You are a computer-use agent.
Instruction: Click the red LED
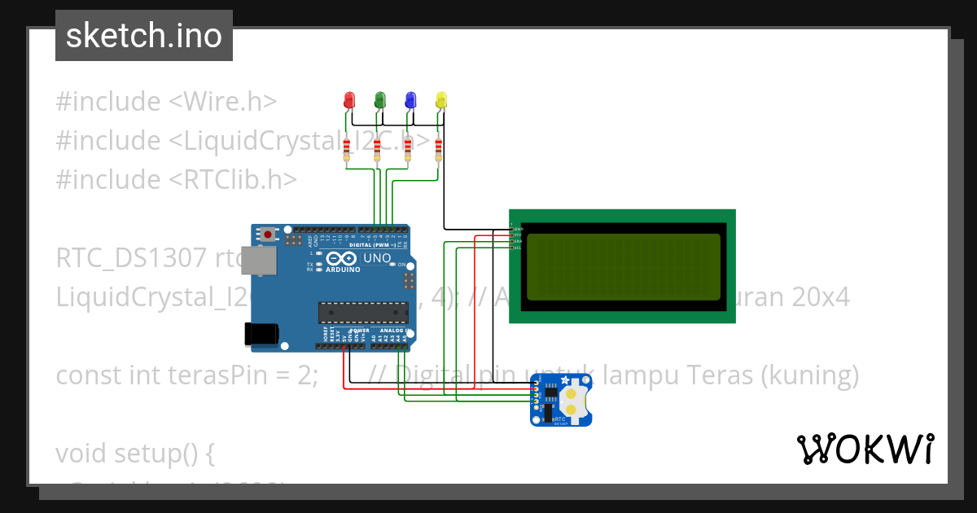[349, 99]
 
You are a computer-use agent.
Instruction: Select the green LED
[379, 99]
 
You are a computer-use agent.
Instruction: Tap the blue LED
[410, 99]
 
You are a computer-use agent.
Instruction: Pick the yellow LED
[441, 99]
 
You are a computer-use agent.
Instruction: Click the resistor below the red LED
[348, 149]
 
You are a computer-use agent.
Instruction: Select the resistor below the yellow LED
[439, 149]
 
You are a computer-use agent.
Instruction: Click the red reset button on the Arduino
[268, 235]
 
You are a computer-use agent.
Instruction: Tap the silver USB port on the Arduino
[259, 261]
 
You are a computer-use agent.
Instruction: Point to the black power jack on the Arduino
[261, 332]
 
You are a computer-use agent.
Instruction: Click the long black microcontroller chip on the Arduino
[363, 312]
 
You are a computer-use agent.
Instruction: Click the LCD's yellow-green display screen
[624, 267]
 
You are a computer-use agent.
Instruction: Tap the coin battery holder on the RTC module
[574, 399]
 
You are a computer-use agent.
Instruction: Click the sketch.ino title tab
[144, 36]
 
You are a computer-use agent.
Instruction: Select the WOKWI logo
[865, 449]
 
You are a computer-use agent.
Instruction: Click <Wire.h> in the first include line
[223, 102]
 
